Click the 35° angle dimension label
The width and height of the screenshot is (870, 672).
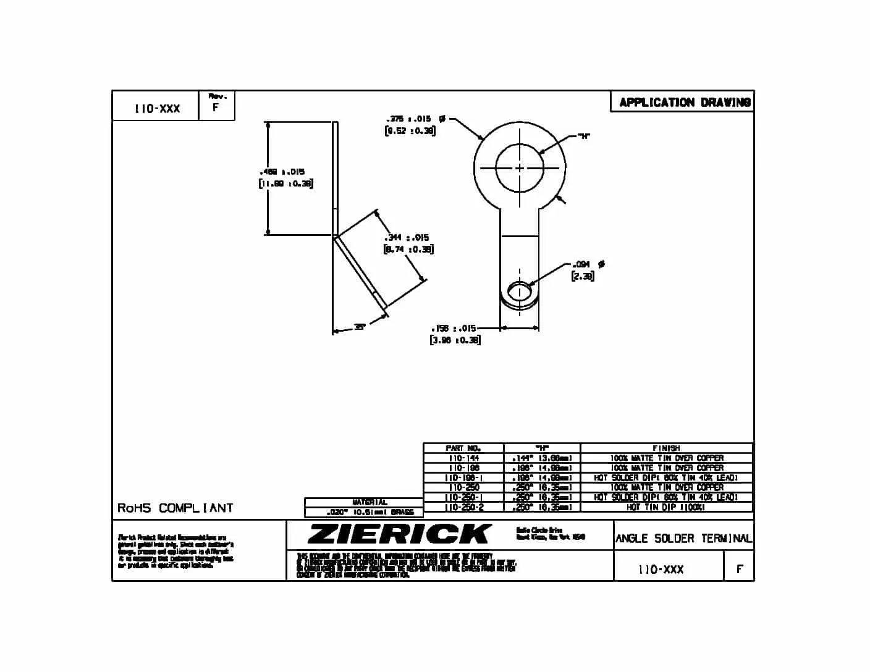coord(359,328)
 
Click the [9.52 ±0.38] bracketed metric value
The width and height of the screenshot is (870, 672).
coord(410,131)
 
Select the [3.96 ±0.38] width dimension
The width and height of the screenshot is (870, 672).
coord(455,340)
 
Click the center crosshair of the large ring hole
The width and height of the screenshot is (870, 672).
coord(520,168)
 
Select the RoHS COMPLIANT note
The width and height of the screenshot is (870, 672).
coord(175,508)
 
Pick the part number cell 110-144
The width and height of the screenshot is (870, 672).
coord(463,458)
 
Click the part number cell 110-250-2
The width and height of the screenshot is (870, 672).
coord(463,507)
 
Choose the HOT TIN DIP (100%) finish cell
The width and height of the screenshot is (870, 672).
coord(666,507)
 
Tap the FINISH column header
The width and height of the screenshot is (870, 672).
coord(666,448)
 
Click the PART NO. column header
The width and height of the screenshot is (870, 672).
coord(463,448)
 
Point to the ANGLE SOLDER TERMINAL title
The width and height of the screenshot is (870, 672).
coord(683,539)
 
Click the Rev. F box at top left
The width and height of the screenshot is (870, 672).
coord(217,105)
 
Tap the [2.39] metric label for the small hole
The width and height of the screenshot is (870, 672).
coord(583,276)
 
